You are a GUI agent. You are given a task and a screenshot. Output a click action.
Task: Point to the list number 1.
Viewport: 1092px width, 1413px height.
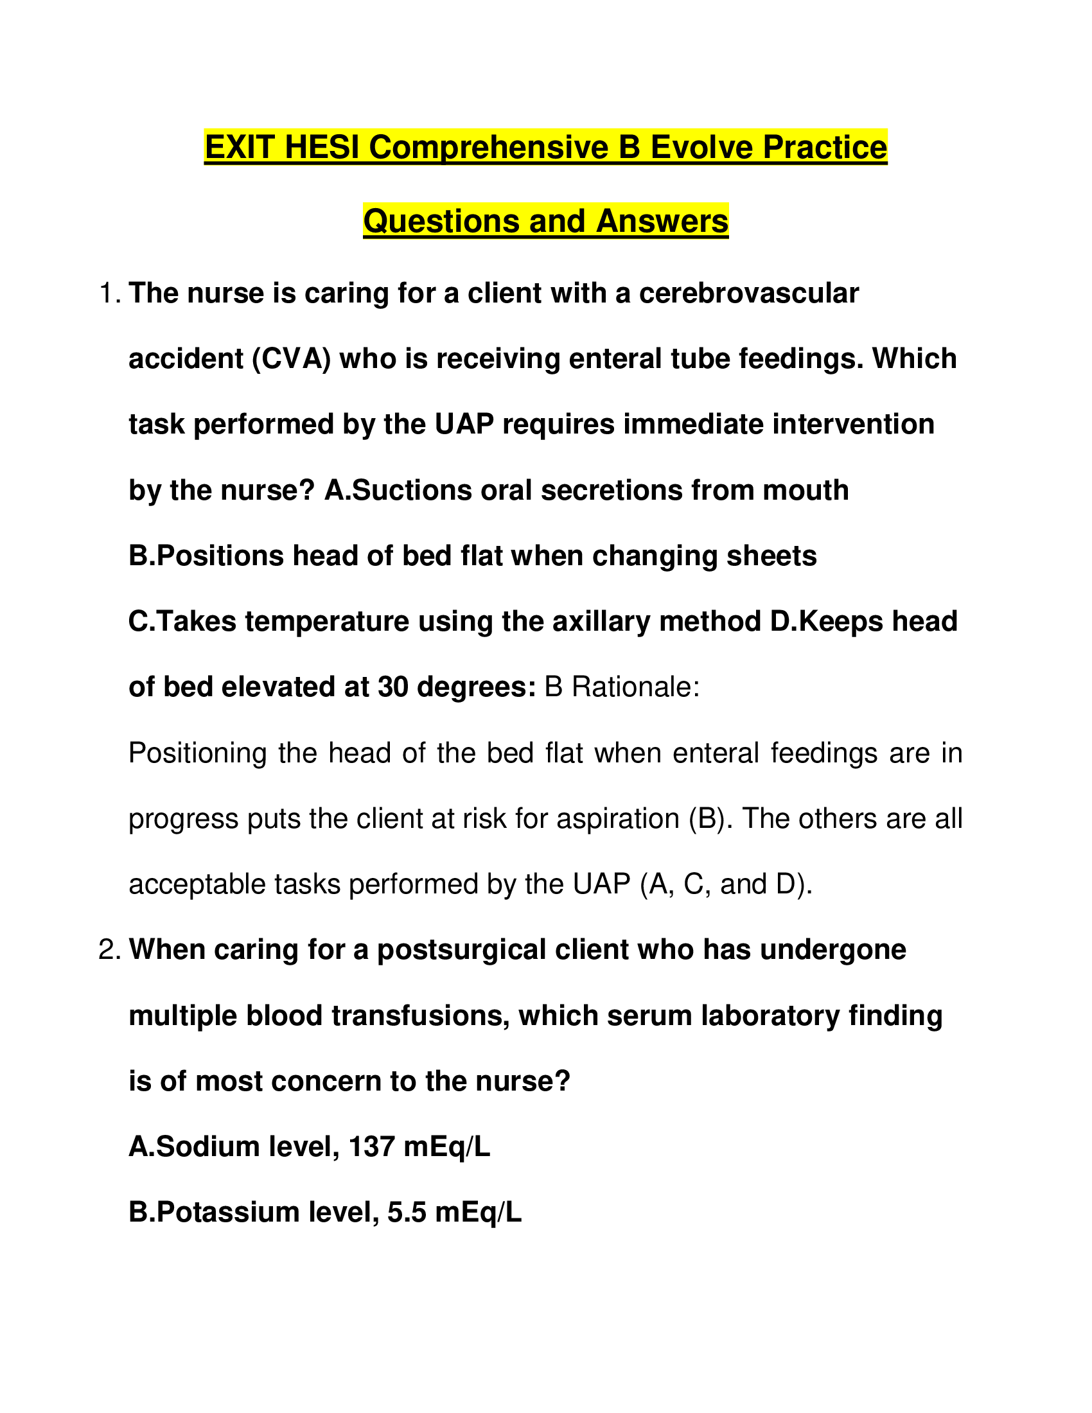tap(108, 294)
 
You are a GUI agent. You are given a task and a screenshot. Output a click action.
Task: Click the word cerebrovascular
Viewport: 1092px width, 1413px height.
tap(748, 294)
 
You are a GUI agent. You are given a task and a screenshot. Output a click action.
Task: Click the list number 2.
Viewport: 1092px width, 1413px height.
tap(108, 951)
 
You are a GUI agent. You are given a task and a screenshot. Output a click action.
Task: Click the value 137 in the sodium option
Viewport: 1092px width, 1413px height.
tap(371, 1147)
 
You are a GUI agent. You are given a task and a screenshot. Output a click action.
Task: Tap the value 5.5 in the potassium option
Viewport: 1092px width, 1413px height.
tap(407, 1213)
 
